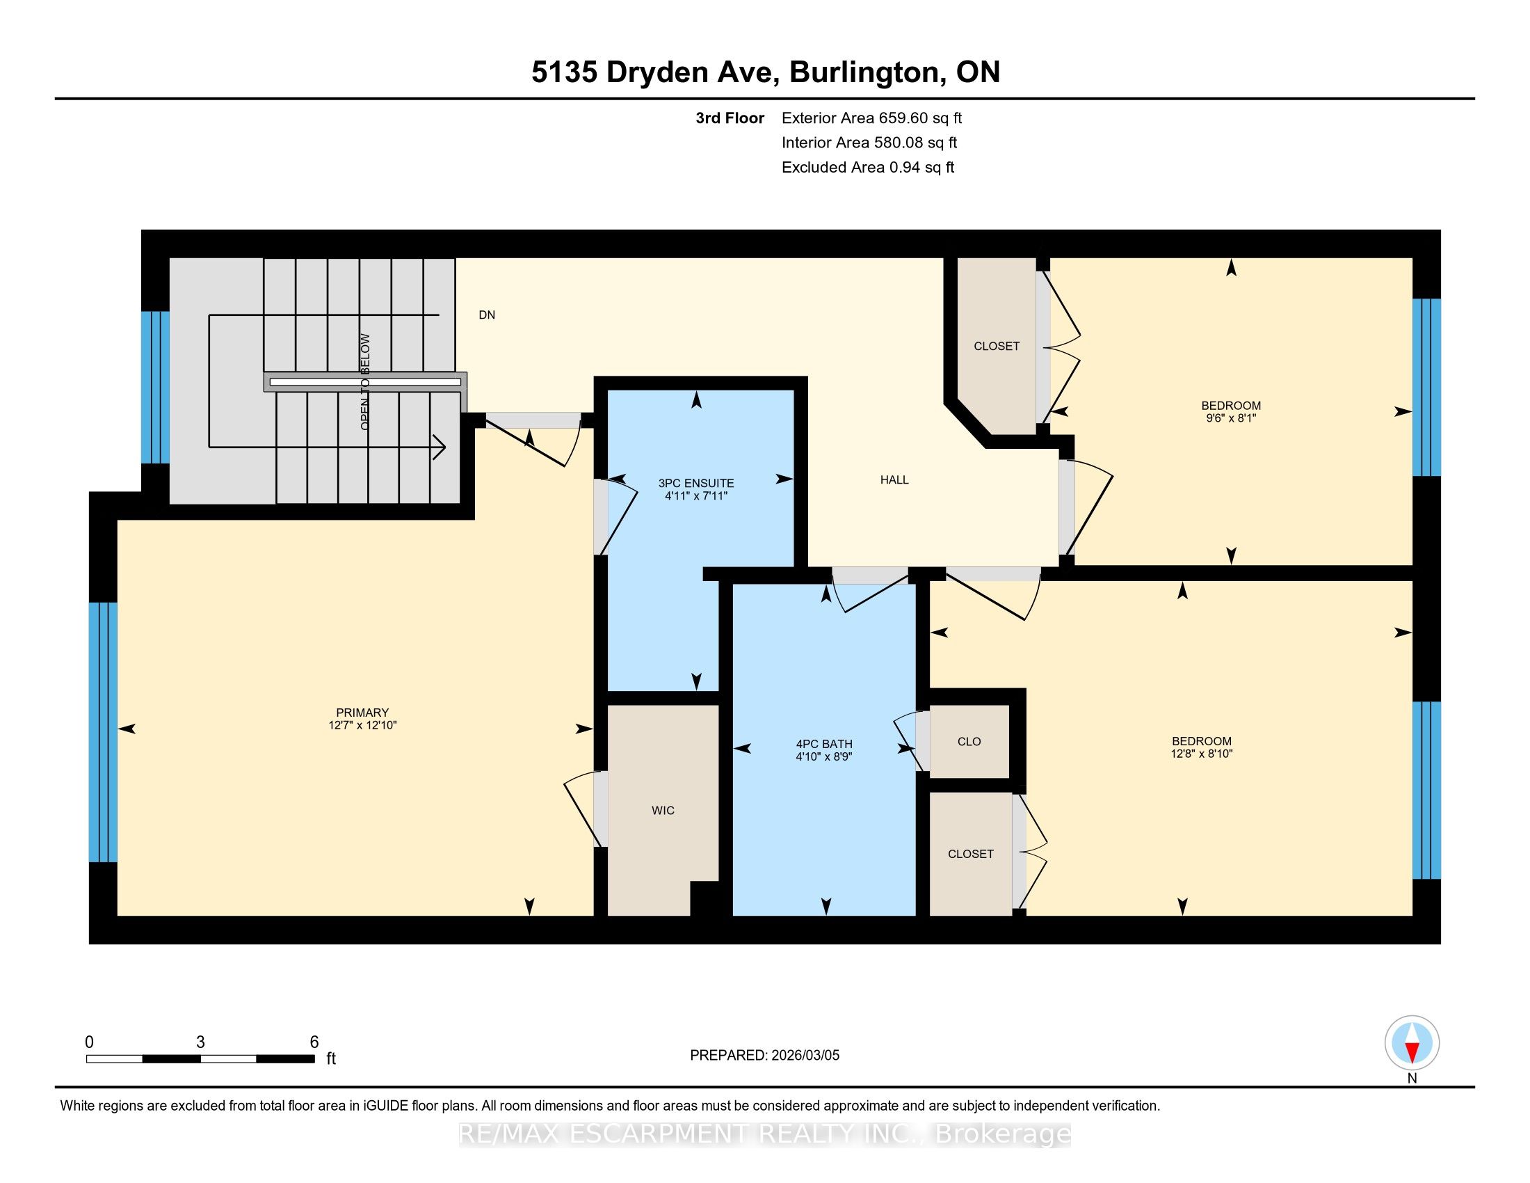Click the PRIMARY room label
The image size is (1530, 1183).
coord(362,713)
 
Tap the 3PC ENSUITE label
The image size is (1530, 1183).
coord(696,483)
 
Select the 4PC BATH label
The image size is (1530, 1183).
coord(824,745)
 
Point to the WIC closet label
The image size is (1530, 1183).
coord(663,811)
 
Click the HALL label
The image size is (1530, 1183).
coord(894,480)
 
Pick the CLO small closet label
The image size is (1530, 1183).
coord(969,742)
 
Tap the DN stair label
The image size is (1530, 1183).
coord(487,315)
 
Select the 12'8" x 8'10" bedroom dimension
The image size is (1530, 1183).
coord(1202,754)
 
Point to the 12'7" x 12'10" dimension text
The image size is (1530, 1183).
coord(362,725)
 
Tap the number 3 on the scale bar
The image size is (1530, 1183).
coord(200,1042)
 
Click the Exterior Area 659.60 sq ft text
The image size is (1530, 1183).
coord(872,118)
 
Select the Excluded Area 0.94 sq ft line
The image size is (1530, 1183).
coord(868,168)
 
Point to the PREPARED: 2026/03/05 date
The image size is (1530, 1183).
coord(764,1056)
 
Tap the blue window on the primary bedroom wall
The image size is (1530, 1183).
coord(103,731)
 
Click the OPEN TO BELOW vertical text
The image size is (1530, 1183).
coord(365,382)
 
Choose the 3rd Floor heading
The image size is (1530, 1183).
coord(730,118)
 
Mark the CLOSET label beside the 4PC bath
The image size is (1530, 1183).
coord(970,855)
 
